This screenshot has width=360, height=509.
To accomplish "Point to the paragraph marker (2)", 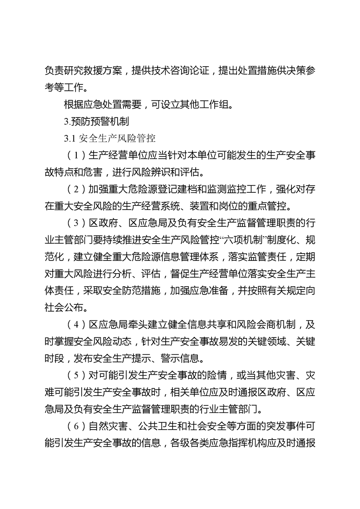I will click(x=73, y=190).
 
